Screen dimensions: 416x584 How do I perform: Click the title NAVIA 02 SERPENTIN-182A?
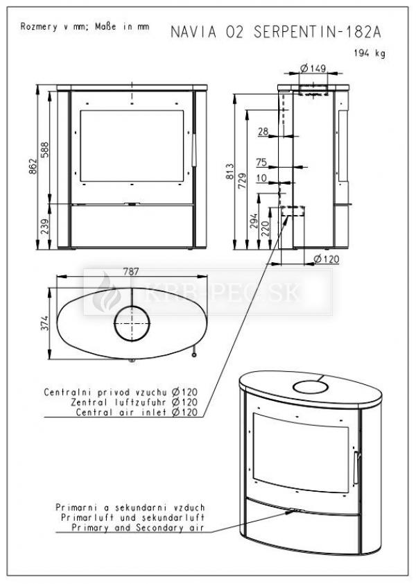tap(276, 32)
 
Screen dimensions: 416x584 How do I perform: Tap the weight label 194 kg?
tap(370, 53)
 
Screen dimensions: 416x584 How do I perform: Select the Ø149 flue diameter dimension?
tap(313, 68)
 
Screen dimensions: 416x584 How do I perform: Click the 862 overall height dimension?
tap(33, 166)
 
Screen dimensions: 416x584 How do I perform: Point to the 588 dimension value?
tap(44, 150)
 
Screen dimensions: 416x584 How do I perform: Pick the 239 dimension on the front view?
tap(44, 226)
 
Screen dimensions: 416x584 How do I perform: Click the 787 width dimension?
tap(131, 271)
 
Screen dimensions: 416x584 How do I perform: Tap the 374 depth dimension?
tap(44, 323)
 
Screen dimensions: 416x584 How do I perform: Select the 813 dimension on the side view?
tap(229, 171)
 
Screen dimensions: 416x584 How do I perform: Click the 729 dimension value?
tap(242, 181)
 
